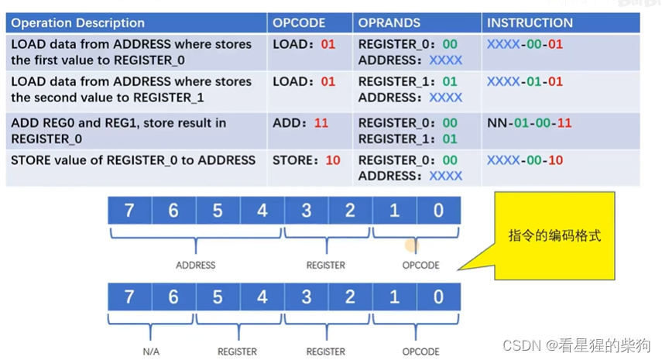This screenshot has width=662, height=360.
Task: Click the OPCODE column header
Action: coord(299,23)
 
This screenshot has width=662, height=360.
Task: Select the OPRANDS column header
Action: coord(389,23)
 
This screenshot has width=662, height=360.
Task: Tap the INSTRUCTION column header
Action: coord(530,23)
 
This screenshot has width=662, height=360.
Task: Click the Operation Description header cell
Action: coord(77,23)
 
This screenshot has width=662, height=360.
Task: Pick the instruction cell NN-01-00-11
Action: coord(530,122)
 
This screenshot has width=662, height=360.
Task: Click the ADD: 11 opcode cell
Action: coord(300,122)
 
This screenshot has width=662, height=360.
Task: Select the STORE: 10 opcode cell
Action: coord(307,160)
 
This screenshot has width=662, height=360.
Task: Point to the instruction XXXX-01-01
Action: coord(525,81)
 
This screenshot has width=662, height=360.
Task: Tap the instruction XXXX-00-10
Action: coord(525,160)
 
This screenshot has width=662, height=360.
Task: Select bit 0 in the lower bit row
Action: coord(439,297)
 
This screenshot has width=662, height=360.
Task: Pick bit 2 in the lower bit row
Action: coord(350,297)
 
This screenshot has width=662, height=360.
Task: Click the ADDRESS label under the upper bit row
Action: coord(195,265)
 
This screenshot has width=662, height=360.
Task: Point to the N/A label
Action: coord(151,351)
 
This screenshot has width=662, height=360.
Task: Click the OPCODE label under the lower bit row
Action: coord(420,351)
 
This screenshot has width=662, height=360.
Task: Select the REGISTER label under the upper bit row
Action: coord(326,265)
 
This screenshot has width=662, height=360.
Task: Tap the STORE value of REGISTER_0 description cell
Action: coord(133,160)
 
